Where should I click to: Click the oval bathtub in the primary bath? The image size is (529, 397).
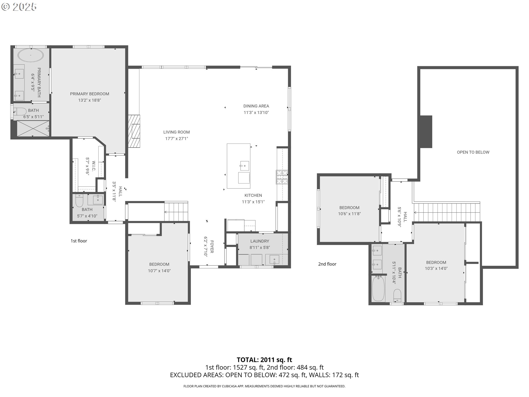point(31,55)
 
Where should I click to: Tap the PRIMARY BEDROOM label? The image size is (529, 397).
point(90,94)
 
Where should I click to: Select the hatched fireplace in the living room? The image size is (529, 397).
point(134,131)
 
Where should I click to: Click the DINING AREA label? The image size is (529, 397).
point(256,106)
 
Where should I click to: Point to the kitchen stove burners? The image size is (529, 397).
point(282,177)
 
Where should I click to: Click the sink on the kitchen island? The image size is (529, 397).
point(244,166)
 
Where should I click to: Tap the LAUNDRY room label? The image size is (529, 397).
point(260,241)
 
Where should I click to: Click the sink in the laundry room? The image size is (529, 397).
point(274,260)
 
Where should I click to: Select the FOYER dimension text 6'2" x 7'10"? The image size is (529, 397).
point(206,246)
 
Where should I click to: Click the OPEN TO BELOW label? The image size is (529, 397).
point(473,152)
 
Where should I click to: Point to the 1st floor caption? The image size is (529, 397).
point(79,241)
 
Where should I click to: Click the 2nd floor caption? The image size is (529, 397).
point(327,264)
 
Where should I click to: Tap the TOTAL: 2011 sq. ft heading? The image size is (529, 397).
point(264,360)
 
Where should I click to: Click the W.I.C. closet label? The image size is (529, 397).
point(94,166)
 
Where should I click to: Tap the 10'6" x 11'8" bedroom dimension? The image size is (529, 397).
point(349,214)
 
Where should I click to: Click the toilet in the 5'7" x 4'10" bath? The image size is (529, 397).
point(79,201)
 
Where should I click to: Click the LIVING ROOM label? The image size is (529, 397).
point(176,132)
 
